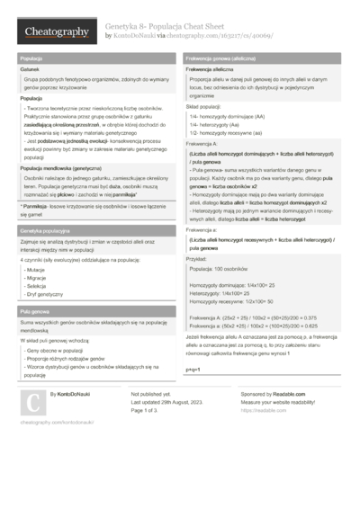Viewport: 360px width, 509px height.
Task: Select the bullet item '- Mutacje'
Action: pos(37,269)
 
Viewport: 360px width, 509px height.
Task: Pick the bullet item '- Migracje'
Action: pos(38,277)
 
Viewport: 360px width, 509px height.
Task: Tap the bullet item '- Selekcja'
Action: pos(38,285)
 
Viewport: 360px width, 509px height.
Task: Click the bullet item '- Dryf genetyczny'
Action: pos(45,294)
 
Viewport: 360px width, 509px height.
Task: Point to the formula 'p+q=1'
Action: pos(193,370)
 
